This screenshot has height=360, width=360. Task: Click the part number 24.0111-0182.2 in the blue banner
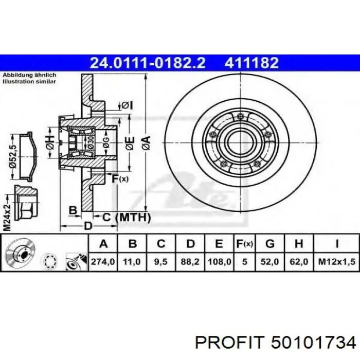(x=148, y=63)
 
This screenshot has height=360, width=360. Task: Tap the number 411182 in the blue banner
(x=251, y=63)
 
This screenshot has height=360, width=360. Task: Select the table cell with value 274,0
(x=103, y=261)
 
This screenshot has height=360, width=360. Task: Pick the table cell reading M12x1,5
(x=336, y=261)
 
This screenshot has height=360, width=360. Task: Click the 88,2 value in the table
(x=190, y=261)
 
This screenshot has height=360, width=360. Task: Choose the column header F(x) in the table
(x=244, y=244)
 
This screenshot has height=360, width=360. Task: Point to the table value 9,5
(x=161, y=261)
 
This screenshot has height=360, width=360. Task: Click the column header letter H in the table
(x=299, y=244)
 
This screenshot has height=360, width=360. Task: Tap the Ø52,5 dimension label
(x=13, y=157)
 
